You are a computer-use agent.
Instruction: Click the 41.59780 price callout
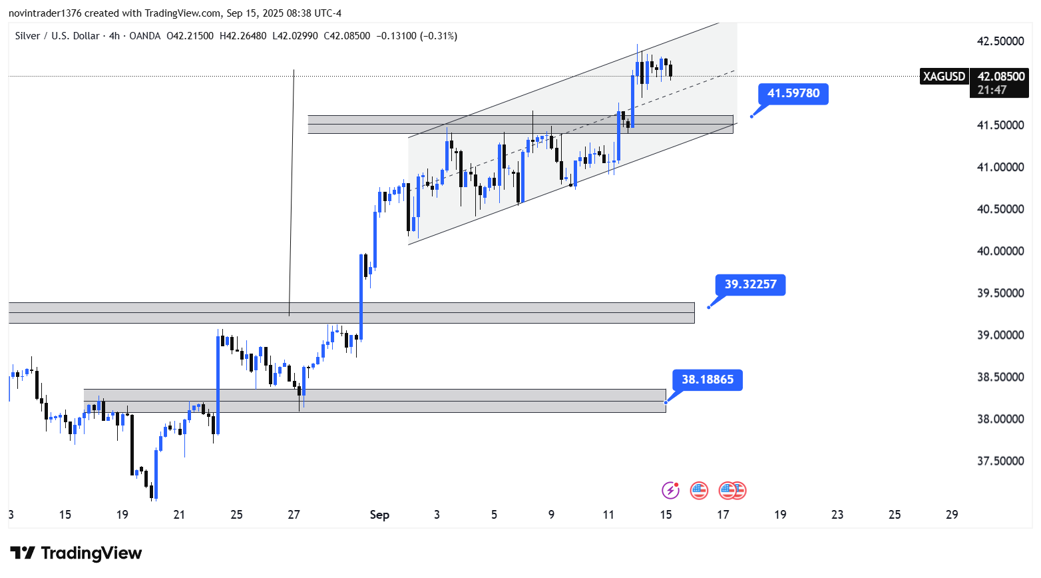793,94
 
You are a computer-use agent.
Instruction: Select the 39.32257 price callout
750,285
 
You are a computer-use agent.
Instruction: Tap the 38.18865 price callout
707,380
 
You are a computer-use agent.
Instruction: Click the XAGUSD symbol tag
944,77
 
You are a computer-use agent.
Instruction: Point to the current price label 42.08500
1000,77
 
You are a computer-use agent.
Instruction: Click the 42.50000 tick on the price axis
1000,41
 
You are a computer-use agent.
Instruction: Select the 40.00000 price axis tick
1000,251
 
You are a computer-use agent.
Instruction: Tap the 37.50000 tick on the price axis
1000,461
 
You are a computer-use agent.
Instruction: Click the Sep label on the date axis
379,515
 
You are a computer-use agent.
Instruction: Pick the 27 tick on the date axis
294,515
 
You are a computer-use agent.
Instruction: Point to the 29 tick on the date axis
952,515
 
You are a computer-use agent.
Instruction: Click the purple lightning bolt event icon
670,491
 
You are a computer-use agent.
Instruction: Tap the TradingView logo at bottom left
76,553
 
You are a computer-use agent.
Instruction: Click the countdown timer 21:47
992,90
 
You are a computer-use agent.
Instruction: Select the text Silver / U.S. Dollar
57,36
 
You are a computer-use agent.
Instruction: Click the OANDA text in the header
145,36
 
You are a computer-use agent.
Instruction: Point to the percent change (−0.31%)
439,36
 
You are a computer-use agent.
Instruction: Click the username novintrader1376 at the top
45,13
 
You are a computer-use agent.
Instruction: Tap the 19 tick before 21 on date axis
122,515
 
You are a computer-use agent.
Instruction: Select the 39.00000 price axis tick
1000,335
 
